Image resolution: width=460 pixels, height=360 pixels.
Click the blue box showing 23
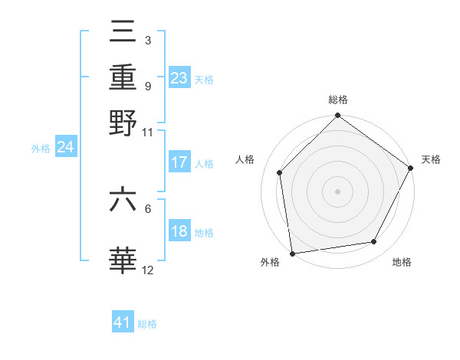(x=179, y=78)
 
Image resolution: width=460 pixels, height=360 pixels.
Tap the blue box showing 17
(x=179, y=162)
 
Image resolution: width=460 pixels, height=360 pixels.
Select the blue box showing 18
(x=179, y=231)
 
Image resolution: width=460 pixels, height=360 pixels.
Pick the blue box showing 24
(x=65, y=147)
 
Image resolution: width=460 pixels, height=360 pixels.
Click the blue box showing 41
(x=123, y=322)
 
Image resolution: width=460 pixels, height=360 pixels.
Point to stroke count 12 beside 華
(x=148, y=270)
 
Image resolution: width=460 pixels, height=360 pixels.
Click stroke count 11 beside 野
(x=148, y=132)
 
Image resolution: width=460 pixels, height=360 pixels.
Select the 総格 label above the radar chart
(x=337, y=100)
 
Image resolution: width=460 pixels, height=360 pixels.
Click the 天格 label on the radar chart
(x=431, y=159)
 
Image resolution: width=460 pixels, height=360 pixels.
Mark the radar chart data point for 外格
(x=292, y=253)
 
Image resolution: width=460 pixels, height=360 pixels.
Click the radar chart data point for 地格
(x=374, y=242)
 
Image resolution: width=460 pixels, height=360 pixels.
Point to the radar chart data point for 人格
(x=280, y=172)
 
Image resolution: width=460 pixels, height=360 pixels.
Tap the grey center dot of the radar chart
(x=337, y=191)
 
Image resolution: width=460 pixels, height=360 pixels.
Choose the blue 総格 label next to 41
(x=147, y=324)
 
